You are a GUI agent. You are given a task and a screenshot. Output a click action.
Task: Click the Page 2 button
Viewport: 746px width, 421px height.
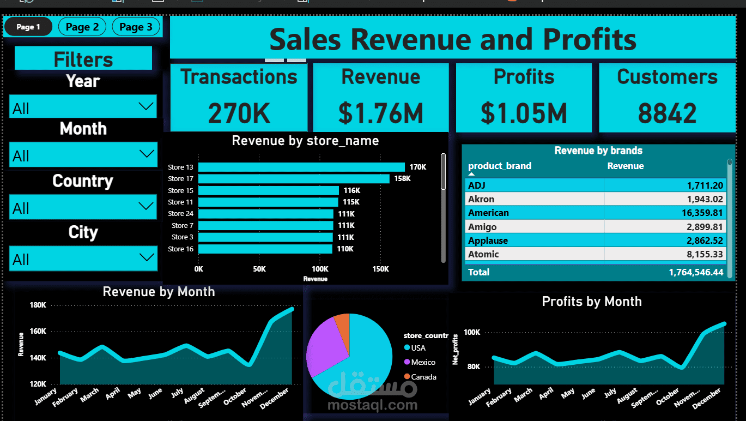click(82, 27)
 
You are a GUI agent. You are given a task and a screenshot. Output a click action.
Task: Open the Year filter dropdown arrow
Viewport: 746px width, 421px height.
click(146, 106)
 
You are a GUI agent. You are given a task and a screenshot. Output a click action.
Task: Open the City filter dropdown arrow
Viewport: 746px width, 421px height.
click(146, 257)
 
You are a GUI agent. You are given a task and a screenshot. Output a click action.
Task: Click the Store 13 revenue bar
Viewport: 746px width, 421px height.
click(301, 167)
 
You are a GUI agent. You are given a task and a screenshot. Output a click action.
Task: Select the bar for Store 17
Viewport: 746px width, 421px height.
click(294, 179)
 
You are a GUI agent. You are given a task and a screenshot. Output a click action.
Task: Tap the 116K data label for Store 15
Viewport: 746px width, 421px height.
click(352, 191)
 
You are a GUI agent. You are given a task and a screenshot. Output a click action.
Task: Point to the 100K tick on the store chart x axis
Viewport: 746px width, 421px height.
click(320, 269)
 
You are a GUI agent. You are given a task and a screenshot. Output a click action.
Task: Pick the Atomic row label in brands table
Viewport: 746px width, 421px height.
click(483, 254)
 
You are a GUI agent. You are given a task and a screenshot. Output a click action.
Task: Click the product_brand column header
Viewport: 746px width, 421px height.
click(500, 166)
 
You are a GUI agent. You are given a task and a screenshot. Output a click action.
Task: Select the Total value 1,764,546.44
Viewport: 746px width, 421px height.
click(696, 272)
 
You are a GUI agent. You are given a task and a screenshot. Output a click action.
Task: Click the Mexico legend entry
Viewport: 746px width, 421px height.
click(423, 362)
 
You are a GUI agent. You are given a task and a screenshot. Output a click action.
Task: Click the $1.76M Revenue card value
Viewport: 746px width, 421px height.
click(381, 113)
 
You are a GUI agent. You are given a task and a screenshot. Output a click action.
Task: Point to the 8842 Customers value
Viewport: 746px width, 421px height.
click(667, 113)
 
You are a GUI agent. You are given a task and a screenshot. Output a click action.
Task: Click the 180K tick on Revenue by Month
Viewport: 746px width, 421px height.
click(38, 305)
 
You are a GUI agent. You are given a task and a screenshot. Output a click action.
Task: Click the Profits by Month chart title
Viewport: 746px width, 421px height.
click(591, 302)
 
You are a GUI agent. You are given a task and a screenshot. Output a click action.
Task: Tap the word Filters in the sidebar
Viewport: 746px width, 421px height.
click(83, 59)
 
